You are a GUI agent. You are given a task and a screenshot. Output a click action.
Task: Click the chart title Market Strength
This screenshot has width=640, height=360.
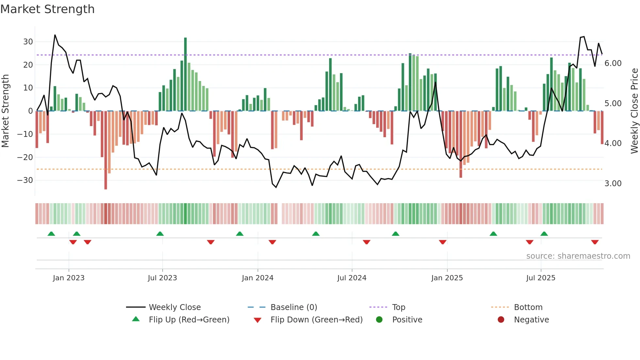[47, 9]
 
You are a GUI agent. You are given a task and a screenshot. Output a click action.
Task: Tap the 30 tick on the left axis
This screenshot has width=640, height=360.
[28, 42]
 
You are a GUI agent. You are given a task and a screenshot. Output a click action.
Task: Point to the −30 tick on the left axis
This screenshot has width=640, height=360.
[25, 180]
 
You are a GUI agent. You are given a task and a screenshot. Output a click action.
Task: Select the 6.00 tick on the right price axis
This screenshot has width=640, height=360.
[613, 63]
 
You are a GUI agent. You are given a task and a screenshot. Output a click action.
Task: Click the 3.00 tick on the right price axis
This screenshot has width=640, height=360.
[613, 184]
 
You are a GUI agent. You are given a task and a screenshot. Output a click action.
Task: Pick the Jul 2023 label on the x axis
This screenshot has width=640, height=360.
[162, 278]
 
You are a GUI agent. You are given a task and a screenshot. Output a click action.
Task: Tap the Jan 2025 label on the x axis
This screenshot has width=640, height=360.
[447, 278]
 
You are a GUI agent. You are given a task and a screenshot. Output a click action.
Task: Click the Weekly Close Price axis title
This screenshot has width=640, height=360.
[634, 111]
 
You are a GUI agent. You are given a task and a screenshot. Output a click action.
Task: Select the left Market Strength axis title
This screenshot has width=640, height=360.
[5, 111]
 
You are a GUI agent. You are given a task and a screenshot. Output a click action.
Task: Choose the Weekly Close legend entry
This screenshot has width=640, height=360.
[175, 307]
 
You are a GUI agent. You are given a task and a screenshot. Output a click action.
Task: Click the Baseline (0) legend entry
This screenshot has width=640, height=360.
[294, 307]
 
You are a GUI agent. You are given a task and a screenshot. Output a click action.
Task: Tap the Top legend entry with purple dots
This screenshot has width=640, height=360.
[398, 307]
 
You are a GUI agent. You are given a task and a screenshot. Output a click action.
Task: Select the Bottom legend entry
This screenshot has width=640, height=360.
[528, 307]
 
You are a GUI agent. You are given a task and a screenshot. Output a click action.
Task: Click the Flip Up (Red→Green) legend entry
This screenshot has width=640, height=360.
[189, 320]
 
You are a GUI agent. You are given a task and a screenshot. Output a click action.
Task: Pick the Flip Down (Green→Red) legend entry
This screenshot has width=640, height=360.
[316, 320]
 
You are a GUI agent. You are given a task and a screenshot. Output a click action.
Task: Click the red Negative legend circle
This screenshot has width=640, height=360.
[501, 320]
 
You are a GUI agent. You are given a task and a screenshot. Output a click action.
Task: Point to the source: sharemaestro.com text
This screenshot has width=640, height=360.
[578, 256]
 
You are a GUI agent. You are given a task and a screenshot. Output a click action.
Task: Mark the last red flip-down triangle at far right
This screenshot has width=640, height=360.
[595, 242]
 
